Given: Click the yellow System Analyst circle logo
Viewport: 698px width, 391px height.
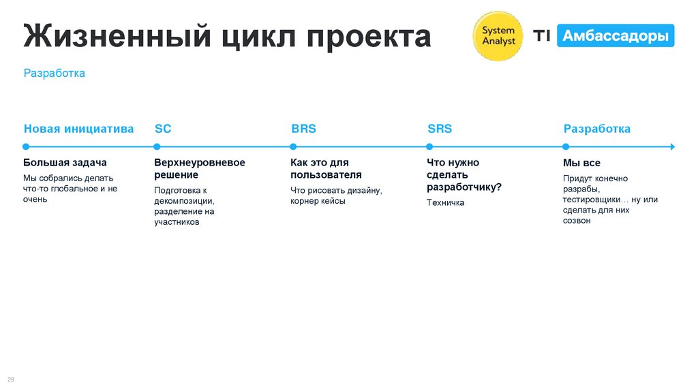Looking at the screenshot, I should coord(498,36).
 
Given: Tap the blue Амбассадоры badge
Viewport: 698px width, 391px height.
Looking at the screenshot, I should coord(616,36).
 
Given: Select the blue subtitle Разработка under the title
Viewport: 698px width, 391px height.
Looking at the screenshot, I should coord(55,73).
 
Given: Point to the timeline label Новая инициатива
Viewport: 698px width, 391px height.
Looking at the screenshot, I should coord(79,129).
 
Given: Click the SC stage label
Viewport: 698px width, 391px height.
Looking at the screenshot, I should coord(163,129).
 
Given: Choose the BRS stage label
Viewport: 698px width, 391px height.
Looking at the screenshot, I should coord(303,129).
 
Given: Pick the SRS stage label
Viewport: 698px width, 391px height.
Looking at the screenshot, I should coord(440,129).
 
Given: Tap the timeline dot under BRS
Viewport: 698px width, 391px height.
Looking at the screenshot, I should coord(293,146).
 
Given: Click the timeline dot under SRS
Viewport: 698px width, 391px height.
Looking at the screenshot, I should coord(429,146).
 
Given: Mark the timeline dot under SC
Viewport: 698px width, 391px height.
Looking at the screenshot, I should coord(157,146).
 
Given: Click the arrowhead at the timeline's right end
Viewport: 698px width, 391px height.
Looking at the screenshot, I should coord(672,146).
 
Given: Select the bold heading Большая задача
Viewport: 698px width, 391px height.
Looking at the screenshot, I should coord(65,163).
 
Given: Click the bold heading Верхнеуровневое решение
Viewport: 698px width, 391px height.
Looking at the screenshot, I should coord(199,169).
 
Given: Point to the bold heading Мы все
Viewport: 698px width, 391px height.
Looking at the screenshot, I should coord(581,163).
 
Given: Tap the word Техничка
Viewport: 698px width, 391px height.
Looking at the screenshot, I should coord(445,202).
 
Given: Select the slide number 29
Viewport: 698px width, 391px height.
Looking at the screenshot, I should coord(11,379).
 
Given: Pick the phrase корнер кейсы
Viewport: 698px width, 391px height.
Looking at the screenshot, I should coord(318,201).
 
